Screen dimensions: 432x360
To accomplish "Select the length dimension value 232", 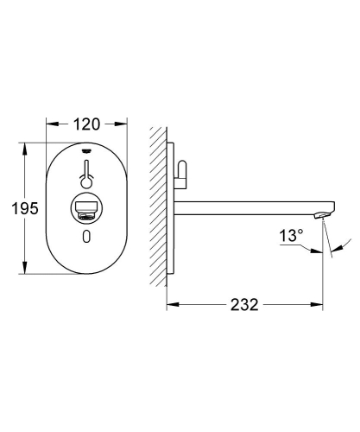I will [x=244, y=304].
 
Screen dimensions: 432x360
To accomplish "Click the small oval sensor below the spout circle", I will [x=86, y=238].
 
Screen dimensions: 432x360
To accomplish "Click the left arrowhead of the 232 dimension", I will [x=169, y=305].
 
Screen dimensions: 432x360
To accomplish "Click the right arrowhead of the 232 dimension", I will [x=321, y=305].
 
